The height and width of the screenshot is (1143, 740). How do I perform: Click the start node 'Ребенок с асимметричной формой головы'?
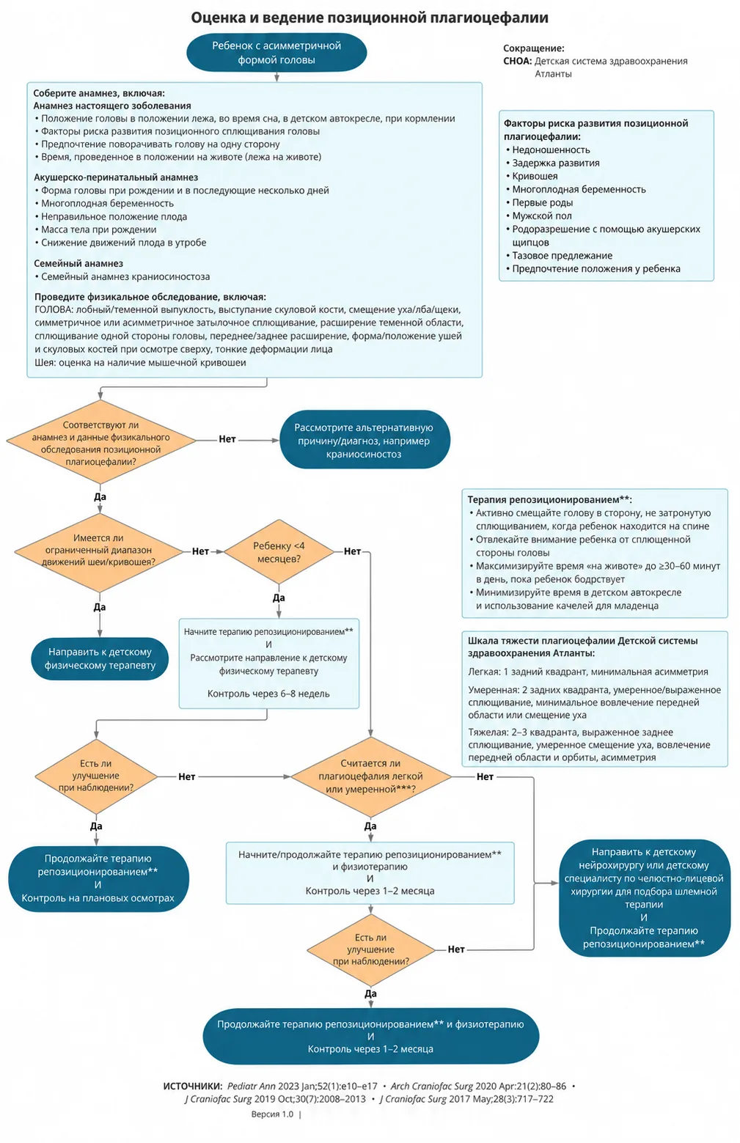pos(276,53)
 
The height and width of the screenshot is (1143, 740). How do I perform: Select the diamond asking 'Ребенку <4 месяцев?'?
pos(279,551)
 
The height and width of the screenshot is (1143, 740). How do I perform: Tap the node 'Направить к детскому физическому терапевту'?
pos(100,658)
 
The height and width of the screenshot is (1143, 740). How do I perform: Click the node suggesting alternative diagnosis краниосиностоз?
pos(364,440)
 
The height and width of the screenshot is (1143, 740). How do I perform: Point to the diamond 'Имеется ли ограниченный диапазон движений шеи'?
pos(99,551)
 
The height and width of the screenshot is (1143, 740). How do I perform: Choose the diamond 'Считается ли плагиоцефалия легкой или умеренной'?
pos(370,776)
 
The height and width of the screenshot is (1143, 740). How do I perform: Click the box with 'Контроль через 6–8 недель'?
pos(268,664)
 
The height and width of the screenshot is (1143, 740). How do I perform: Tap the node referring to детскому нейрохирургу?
pos(644,897)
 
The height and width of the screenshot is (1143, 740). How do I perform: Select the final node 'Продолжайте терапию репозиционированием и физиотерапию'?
pos(370,1036)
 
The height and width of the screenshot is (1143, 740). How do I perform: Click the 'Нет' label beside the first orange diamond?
pos(227,439)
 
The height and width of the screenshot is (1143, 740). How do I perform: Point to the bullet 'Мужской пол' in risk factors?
pos(542,216)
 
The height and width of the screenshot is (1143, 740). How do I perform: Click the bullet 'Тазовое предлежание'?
pos(563,256)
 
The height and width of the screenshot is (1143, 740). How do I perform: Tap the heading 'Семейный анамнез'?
pos(78,264)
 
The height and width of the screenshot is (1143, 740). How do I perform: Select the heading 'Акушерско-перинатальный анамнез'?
pos(116,177)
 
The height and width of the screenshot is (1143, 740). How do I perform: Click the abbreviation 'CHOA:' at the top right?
pos(518,62)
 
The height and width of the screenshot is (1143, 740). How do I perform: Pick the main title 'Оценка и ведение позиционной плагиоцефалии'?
pos(370,18)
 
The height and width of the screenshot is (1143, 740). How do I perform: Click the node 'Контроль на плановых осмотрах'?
pos(98,898)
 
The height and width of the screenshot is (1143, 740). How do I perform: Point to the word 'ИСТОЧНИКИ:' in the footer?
pos(193,1087)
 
